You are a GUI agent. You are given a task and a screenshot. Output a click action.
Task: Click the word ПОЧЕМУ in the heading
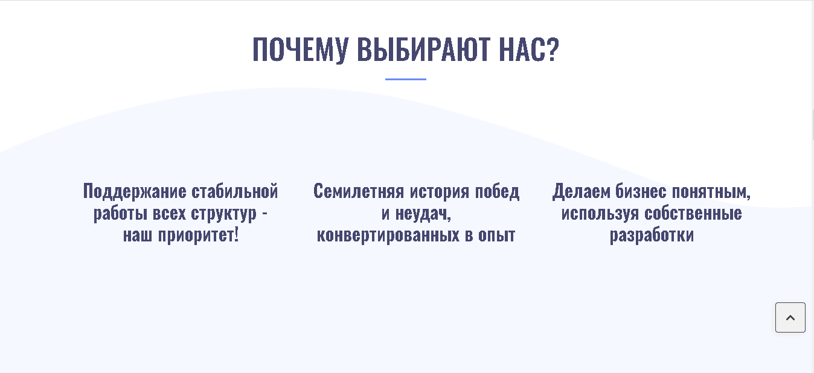[x=300, y=49]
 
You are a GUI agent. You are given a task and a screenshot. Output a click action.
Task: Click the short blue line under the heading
[x=406, y=79]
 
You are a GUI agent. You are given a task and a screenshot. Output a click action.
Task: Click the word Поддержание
[x=134, y=191]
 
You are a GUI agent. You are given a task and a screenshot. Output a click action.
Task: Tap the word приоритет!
[x=199, y=235]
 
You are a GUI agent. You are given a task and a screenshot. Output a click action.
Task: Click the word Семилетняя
[x=358, y=191]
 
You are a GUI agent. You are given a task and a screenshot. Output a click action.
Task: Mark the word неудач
[x=423, y=214]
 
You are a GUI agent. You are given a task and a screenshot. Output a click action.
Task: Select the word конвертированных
[x=388, y=235]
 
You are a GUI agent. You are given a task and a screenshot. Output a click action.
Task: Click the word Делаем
[x=581, y=191]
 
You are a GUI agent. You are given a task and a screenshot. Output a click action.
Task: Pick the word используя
[x=600, y=213]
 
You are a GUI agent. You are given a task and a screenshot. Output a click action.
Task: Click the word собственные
[x=693, y=213]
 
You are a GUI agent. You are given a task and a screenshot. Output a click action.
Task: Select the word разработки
[x=652, y=235]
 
